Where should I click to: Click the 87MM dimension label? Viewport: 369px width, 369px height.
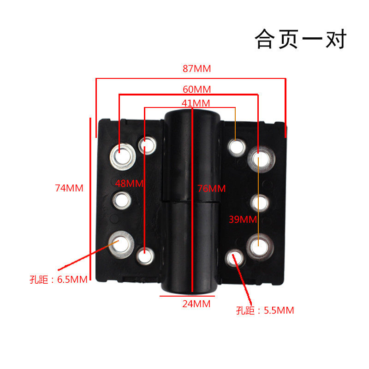196,69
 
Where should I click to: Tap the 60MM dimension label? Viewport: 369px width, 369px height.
196,89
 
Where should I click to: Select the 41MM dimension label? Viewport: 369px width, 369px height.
196,103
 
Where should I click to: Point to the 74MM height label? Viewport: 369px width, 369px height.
69,188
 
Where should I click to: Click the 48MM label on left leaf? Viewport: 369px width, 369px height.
130,183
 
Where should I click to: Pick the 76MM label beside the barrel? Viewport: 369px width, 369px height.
211,189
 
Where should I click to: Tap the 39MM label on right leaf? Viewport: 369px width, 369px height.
243,220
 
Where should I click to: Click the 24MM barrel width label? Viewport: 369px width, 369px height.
196,304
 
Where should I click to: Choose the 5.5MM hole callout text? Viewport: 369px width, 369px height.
265,310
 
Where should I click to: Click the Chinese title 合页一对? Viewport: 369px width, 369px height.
300,39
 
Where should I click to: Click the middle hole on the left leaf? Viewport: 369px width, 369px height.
123,200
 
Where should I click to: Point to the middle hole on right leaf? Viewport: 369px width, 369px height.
259,202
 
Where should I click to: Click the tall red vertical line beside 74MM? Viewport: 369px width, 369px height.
90,198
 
